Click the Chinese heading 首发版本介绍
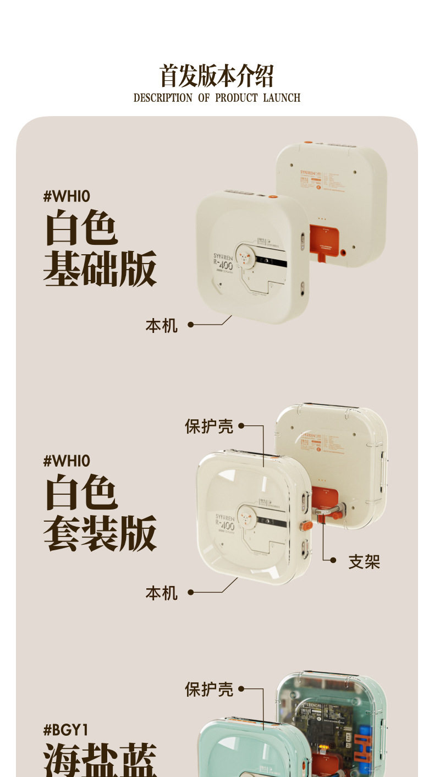(x=216, y=76)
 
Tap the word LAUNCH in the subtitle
(x=282, y=98)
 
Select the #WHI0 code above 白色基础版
(x=67, y=196)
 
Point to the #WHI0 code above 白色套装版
(x=67, y=460)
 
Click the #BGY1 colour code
(x=65, y=730)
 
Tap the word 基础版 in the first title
(x=100, y=269)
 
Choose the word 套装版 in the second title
(x=100, y=533)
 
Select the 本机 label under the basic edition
(x=162, y=326)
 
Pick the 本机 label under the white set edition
(x=162, y=593)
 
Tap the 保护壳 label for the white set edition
(x=209, y=426)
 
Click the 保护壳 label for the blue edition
(x=209, y=690)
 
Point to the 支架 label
(x=364, y=562)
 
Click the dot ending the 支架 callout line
(x=333, y=560)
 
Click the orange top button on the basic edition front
(x=272, y=196)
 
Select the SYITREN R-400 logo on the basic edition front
(x=223, y=261)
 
